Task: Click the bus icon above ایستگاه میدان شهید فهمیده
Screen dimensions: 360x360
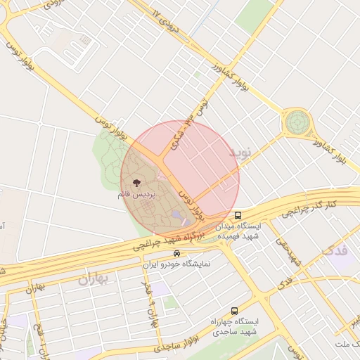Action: [x=238, y=214]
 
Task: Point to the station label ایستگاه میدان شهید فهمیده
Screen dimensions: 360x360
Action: [x=238, y=231]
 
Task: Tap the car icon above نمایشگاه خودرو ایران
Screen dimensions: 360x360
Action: [x=176, y=254]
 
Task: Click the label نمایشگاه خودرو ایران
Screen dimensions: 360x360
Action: [x=176, y=265]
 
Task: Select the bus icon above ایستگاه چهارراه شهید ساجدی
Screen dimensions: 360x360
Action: [x=234, y=310]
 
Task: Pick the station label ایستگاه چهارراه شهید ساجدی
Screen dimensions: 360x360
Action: [x=233, y=326]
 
